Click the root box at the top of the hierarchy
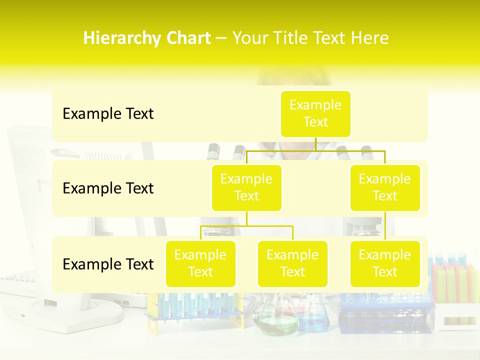tap(315, 113)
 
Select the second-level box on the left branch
tap(246, 187)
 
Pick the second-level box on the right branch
tap(385, 187)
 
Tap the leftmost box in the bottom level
tap(200, 263)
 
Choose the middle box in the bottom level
tap(292, 263)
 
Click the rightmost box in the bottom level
tap(385, 263)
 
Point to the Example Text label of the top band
tap(108, 114)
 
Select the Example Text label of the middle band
tap(108, 188)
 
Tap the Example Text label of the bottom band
tap(108, 264)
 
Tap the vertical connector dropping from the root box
tap(315, 143)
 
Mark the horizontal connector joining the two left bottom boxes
tap(246, 226)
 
